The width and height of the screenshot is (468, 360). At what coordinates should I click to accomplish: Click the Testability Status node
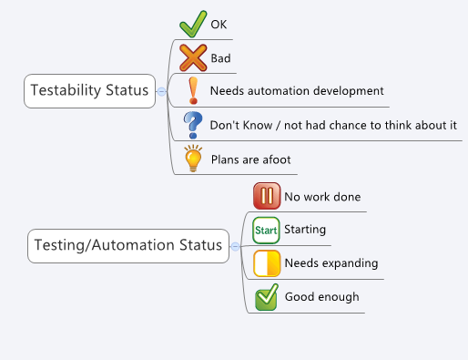click(89, 91)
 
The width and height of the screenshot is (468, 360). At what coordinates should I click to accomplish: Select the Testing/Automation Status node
click(127, 245)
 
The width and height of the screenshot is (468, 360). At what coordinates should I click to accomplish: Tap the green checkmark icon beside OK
click(192, 24)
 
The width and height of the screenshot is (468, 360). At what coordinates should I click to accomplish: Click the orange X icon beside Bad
click(193, 58)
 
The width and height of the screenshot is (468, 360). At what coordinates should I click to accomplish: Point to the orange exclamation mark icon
click(192, 91)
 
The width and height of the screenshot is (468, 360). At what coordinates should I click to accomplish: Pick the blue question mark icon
click(192, 124)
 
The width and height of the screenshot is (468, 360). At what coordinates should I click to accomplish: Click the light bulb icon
click(192, 159)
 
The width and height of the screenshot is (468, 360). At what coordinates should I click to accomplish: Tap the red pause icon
click(266, 196)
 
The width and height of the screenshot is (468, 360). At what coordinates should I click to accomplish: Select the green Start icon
click(266, 230)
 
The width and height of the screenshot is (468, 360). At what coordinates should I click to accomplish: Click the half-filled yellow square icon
click(266, 263)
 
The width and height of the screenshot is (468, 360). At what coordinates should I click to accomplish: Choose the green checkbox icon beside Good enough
click(266, 296)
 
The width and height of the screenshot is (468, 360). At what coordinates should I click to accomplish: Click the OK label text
click(219, 25)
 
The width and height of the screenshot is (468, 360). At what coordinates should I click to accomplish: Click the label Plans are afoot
click(250, 159)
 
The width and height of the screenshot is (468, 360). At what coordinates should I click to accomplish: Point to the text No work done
click(322, 197)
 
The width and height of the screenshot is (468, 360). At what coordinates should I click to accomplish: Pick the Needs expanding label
click(318, 263)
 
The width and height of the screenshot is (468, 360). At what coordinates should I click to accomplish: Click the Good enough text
click(321, 297)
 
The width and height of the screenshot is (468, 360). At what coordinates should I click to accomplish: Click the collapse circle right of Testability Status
click(161, 91)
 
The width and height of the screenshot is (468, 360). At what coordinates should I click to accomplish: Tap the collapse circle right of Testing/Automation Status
click(235, 246)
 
